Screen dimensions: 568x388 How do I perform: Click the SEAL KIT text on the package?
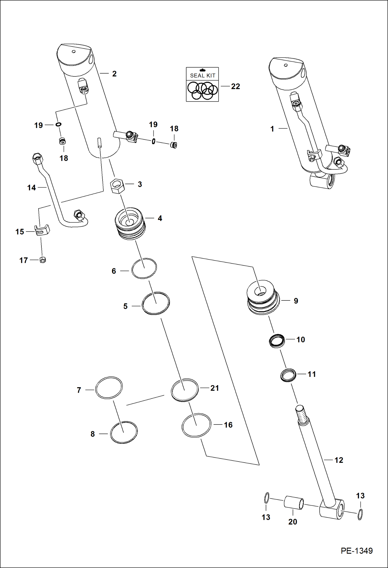[x=203, y=75]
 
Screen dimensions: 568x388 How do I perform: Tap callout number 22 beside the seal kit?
[x=235, y=86]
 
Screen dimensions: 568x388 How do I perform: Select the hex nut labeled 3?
[x=117, y=186]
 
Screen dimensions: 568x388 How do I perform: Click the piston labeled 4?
[x=130, y=223]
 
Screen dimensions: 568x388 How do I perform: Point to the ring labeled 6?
[x=144, y=268]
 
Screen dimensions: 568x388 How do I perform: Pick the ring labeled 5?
[x=156, y=303]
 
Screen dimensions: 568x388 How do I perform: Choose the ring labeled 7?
[x=109, y=387]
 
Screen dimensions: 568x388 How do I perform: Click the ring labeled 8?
[x=124, y=432]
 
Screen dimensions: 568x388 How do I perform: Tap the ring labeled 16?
[x=196, y=425]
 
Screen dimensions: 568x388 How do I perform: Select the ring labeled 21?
[x=185, y=390]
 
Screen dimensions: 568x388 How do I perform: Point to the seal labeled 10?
[x=277, y=341]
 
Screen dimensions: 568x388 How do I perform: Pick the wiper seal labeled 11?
[x=288, y=375]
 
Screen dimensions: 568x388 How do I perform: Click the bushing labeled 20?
[x=294, y=503]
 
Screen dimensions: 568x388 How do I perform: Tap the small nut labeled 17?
[x=43, y=260]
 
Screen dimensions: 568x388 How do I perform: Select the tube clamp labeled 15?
[x=42, y=230]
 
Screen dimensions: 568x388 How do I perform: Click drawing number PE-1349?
[x=356, y=551]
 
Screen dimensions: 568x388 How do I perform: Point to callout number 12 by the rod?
[x=339, y=460]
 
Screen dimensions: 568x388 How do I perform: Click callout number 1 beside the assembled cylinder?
[x=272, y=129]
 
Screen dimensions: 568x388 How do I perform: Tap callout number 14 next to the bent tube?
[x=31, y=188]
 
